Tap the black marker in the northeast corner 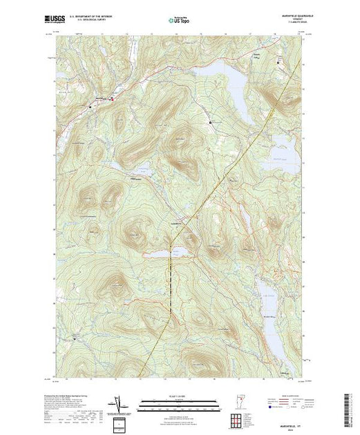pyautogui.click(x=279, y=63)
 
